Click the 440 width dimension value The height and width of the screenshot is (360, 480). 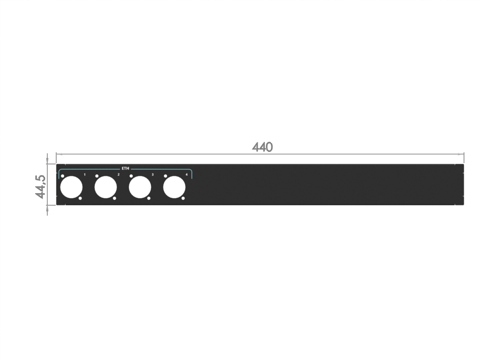click(262, 147)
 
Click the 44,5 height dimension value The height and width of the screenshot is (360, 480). click(40, 187)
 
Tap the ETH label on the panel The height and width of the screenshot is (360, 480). click(126, 168)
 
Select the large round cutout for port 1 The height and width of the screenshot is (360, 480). click(71, 187)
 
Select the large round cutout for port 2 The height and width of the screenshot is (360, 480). click(105, 187)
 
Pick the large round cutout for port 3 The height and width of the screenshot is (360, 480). click(140, 187)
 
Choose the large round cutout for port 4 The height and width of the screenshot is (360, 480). click(174, 187)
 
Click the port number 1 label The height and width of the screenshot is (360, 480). click(84, 174)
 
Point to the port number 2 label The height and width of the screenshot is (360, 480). click(119, 174)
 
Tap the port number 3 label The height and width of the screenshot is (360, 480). click(152, 174)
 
